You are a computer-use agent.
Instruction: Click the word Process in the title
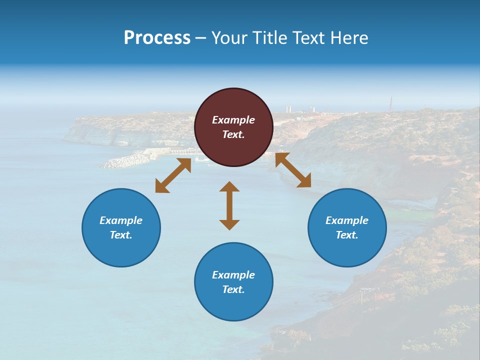(157, 38)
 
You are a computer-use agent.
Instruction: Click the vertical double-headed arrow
(229, 205)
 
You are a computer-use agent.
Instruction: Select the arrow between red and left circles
(173, 175)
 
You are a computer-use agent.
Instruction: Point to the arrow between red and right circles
(293, 170)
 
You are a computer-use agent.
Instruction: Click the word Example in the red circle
(233, 120)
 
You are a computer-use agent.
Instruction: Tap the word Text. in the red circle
(233, 134)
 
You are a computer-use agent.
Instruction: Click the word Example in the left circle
(121, 220)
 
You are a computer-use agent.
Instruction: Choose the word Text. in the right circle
(347, 235)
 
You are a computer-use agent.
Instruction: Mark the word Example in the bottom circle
(233, 275)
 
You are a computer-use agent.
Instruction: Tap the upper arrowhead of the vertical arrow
(229, 187)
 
